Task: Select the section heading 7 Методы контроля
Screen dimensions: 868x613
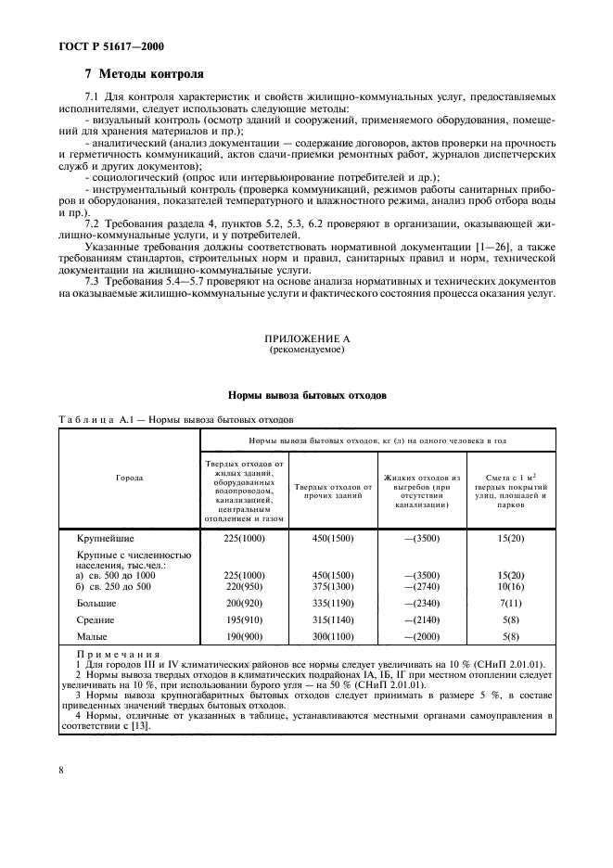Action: point(144,74)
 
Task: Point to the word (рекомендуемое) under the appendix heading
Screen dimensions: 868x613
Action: point(306,352)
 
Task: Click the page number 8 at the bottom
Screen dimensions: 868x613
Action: point(60,769)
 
